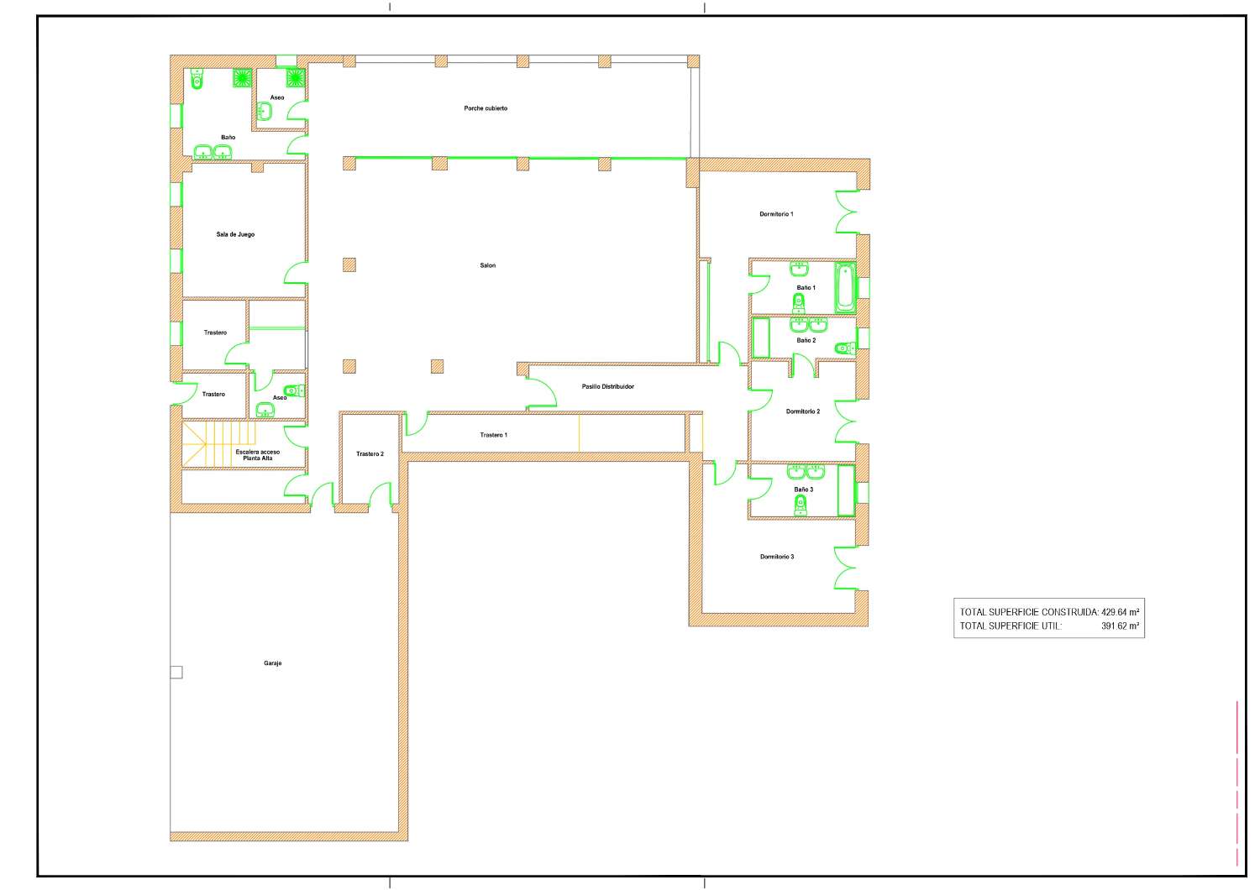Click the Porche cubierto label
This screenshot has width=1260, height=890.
pos(486,108)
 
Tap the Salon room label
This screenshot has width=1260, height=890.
pos(488,265)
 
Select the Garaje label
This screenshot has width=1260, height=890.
pos(273,663)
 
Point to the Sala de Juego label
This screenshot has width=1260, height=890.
pos(235,234)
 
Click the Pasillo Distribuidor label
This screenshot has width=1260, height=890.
pos(607,387)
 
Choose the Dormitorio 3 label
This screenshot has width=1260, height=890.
pos(777,557)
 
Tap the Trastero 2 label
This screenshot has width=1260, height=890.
pos(370,453)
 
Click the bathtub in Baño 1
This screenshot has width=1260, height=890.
pos(845,288)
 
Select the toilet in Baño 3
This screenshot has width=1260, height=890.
pos(801,505)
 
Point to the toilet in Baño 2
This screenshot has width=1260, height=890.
pos(844,348)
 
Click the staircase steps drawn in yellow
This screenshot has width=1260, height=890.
pos(218,445)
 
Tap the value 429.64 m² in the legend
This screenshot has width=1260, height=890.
pos(1120,612)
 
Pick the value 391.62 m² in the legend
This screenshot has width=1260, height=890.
pos(1120,626)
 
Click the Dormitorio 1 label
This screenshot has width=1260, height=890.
pos(776,214)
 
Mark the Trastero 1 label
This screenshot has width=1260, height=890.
pos(493,435)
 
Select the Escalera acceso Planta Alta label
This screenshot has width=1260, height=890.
pos(258,455)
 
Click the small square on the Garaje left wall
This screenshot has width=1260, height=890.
pos(176,672)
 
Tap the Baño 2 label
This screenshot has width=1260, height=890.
pos(806,340)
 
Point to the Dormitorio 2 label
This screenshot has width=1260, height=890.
pos(803,411)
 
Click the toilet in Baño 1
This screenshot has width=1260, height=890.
pos(798,304)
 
